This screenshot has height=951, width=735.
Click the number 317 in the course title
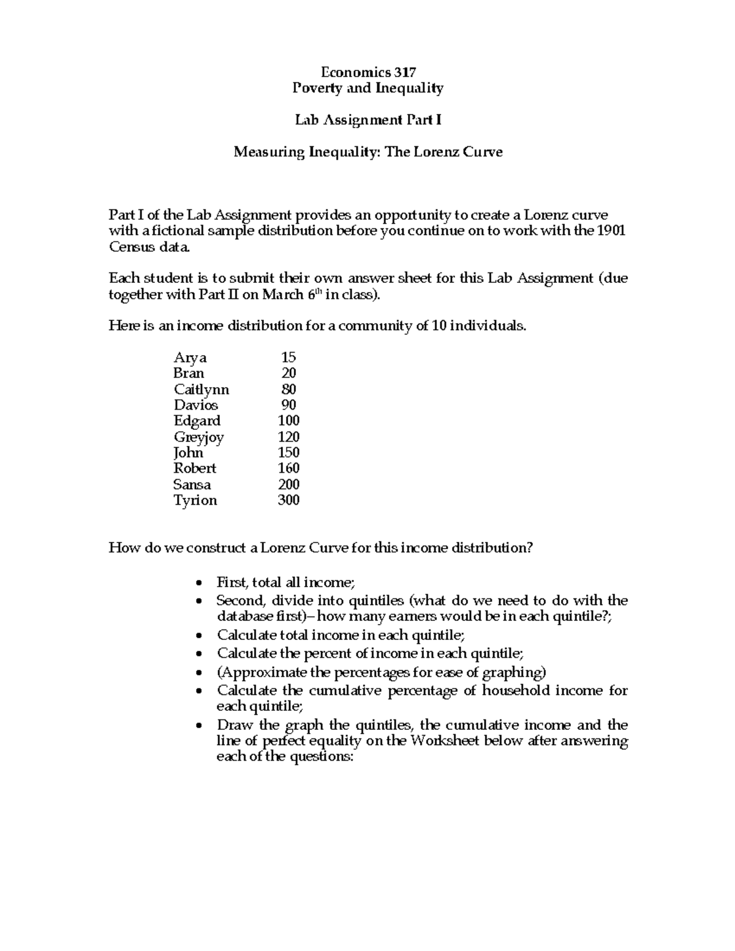coord(405,72)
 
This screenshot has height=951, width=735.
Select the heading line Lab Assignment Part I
coord(367,120)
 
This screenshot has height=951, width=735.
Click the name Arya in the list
coord(190,358)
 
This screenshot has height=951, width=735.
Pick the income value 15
coord(288,358)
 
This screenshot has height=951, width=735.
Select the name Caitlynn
coord(201,389)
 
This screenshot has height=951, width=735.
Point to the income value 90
coord(288,405)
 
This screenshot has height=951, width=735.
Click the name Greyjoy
coord(198,437)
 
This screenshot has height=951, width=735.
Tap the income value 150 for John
coord(288,453)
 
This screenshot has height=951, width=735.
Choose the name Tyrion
coord(195,500)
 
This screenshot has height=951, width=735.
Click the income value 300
coord(288,500)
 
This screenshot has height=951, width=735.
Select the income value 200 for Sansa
coord(288,484)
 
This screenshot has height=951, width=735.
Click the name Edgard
coord(197,421)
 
